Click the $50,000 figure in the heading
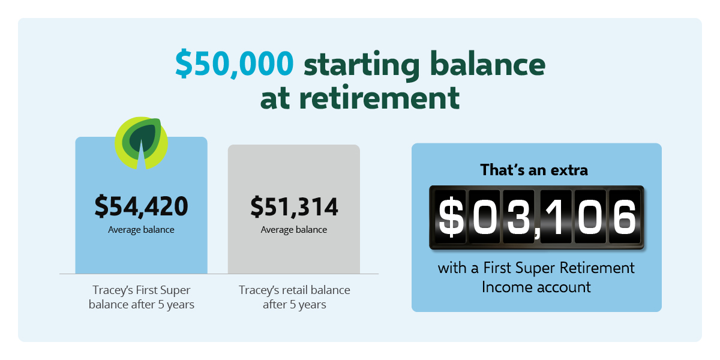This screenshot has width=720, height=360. tap(235, 64)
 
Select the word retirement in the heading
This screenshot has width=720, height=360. tap(379, 98)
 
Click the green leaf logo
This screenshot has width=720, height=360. tap(142, 143)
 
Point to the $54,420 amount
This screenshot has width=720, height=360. tap(142, 206)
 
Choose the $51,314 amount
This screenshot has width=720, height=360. tap(294, 206)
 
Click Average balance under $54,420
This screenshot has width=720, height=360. tap(141, 229)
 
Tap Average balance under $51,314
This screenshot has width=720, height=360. tap(294, 229)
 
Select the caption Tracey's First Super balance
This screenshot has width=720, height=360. tap(142, 297)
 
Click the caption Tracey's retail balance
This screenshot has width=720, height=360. tap(294, 297)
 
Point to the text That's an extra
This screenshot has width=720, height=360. tap(534, 170)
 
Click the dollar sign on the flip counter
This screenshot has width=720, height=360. tap(451, 217)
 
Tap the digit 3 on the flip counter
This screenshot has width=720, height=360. tap(518, 217)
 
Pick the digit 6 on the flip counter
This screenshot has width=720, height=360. tap(625, 217)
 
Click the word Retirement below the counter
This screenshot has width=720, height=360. tap(597, 268)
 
